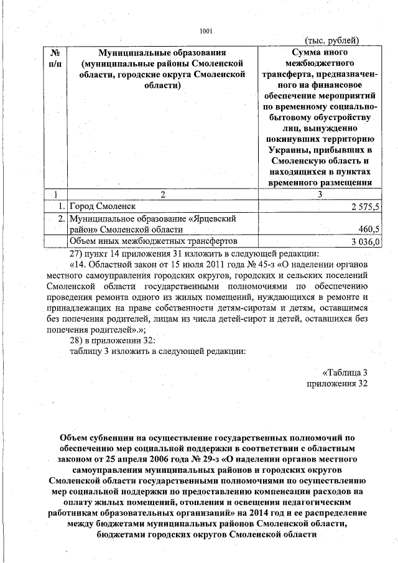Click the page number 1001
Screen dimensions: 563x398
coord(206,31)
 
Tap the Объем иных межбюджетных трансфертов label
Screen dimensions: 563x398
coord(153,241)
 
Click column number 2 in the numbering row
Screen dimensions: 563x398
coord(162,194)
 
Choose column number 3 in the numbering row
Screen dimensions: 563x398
coord(320,194)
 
